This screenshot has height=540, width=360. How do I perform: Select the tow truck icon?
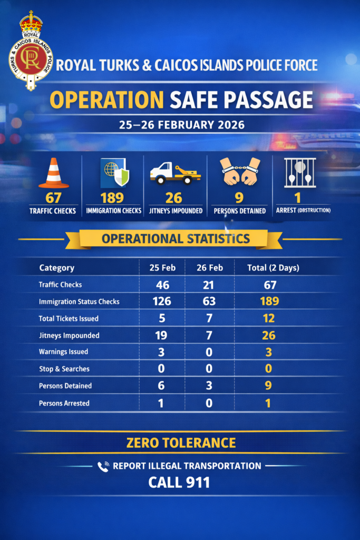[x=175, y=173]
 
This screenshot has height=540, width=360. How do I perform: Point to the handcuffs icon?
[x=240, y=172]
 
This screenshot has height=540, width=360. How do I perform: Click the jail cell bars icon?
[x=300, y=172]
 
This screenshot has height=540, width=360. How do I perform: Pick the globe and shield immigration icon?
[x=114, y=173]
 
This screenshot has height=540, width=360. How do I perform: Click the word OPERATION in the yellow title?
[x=106, y=100]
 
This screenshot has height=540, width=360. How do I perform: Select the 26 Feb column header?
[x=209, y=268]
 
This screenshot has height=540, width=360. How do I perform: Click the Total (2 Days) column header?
[x=273, y=268]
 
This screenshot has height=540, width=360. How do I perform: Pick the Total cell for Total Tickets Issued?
[x=268, y=319]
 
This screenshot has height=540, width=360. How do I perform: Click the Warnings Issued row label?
[x=63, y=352]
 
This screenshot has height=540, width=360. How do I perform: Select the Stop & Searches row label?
[x=64, y=369]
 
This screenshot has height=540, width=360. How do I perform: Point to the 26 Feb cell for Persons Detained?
[x=209, y=385]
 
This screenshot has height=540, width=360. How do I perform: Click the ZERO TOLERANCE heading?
[x=180, y=442]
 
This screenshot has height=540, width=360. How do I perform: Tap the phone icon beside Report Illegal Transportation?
[x=103, y=466]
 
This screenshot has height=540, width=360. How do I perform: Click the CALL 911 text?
[x=179, y=482]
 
